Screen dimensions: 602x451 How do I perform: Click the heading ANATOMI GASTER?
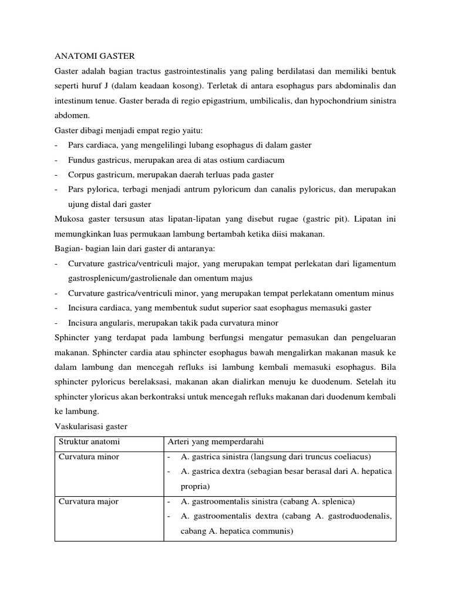(95, 56)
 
